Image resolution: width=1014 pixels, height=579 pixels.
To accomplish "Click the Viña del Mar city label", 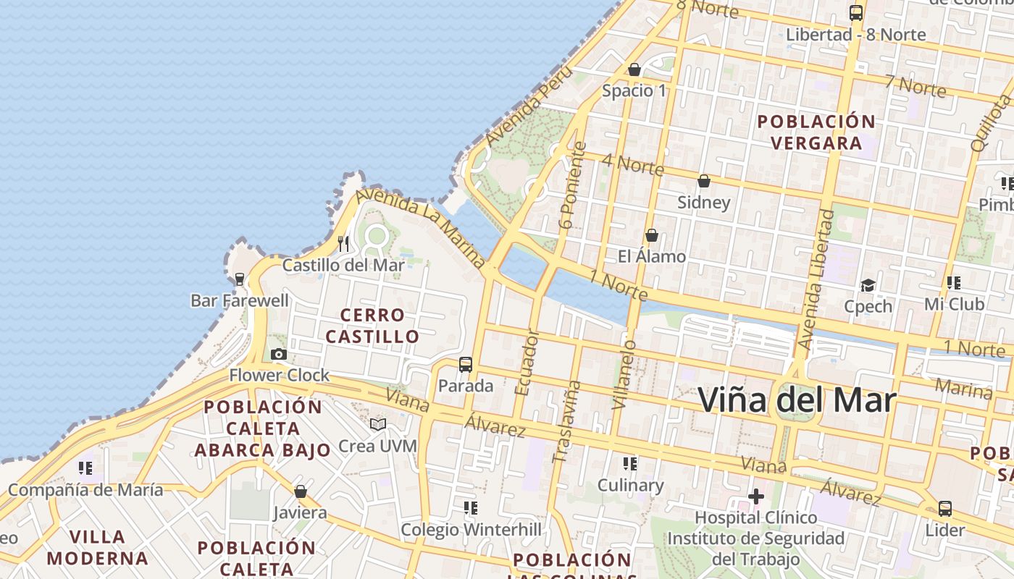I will [797, 400].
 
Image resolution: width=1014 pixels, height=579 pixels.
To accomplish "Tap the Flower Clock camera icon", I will [279, 355].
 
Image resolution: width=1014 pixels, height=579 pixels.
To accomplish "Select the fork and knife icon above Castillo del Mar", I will [343, 243].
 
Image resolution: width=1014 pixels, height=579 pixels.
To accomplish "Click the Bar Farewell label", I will [239, 300].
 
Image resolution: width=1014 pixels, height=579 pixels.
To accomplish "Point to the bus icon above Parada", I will [466, 365].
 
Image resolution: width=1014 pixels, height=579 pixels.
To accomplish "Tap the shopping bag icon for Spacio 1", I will [634, 70].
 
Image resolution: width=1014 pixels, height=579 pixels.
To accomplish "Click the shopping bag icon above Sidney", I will [703, 181].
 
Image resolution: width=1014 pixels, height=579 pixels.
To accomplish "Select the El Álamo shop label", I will [651, 256].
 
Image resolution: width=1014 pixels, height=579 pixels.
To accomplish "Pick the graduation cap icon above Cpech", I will [868, 285].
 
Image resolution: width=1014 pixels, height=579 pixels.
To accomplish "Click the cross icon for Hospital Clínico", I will [756, 496].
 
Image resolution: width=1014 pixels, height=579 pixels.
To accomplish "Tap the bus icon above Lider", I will [945, 509].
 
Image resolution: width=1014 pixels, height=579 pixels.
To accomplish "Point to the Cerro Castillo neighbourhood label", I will [372, 326].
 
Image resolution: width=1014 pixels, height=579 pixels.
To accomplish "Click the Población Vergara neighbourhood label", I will [816, 132].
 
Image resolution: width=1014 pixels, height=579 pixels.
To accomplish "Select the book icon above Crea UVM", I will [377, 424].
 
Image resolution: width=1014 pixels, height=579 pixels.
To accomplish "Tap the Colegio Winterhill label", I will [471, 530].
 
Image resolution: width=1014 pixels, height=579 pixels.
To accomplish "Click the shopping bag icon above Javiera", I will [301, 492].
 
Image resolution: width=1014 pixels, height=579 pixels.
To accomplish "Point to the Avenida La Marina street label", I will [421, 227].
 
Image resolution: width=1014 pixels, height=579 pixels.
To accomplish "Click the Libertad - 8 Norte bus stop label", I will [855, 35].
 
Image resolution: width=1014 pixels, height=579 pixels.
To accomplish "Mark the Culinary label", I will [630, 485].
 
